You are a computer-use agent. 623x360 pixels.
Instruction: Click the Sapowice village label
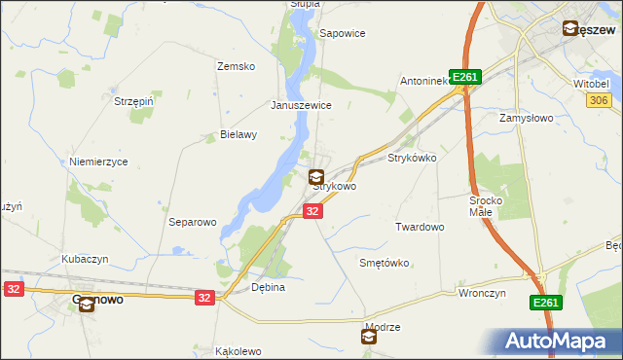pos(343,33)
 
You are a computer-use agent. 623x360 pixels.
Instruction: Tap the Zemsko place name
pos(236,66)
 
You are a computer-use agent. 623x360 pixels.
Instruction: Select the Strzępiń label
pos(134,100)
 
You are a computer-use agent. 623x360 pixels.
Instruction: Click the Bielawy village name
pos(238,135)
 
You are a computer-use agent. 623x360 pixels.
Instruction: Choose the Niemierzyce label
pos(98,162)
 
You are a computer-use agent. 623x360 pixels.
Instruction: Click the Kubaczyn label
pos(85,259)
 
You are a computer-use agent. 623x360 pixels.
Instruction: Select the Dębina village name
pos(268,288)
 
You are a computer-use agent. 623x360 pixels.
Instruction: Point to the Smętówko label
pos(385,263)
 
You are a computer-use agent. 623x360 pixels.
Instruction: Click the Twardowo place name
pos(420,227)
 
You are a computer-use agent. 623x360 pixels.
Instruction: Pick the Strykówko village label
pos(412,157)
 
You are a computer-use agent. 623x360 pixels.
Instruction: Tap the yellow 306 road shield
pos(598,100)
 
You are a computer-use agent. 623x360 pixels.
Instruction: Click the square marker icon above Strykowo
pos(316,176)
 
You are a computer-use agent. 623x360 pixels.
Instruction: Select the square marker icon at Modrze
pos(369,337)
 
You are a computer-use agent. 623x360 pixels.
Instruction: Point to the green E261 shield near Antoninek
pos(467,78)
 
